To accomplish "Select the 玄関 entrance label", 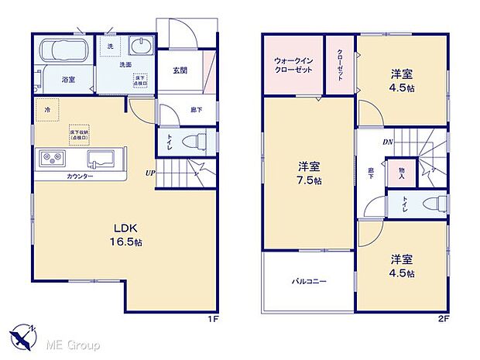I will tap(180, 70).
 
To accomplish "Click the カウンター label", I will tap(79, 177).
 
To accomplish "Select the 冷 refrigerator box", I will tap(48, 109).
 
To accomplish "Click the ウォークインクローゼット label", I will tap(291, 65).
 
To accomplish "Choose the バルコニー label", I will tap(308, 281).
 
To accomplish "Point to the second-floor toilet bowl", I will tap(436, 203).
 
